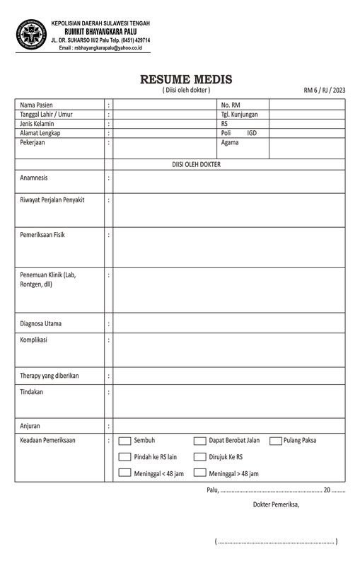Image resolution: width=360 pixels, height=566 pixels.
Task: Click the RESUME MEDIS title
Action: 186,79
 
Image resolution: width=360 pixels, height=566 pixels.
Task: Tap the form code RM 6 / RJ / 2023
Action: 324,90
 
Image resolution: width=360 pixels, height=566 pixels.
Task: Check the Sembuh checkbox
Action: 124,441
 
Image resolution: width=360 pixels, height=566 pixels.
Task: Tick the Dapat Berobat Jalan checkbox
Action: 200,441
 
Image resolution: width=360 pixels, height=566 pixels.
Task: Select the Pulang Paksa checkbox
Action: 275,441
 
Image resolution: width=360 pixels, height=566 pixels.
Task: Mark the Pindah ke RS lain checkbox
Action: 124,457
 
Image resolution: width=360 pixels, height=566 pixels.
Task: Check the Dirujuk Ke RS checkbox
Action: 200,457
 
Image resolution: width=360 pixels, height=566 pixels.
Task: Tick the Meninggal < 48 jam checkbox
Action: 124,473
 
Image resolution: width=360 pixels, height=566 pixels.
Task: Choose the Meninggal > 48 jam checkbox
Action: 200,473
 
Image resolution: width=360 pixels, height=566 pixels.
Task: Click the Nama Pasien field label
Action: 37,105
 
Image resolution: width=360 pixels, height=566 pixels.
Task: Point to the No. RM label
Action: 231,105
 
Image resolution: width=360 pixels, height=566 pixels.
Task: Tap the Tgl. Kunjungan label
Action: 239,114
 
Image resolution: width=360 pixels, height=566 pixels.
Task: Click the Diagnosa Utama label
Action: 41,324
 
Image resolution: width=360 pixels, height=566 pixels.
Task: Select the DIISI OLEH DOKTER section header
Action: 197,164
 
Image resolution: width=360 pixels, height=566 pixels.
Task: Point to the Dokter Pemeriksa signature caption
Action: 276,504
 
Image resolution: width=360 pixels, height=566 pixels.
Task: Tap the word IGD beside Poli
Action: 252,133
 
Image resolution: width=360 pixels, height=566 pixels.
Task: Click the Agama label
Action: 230,142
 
